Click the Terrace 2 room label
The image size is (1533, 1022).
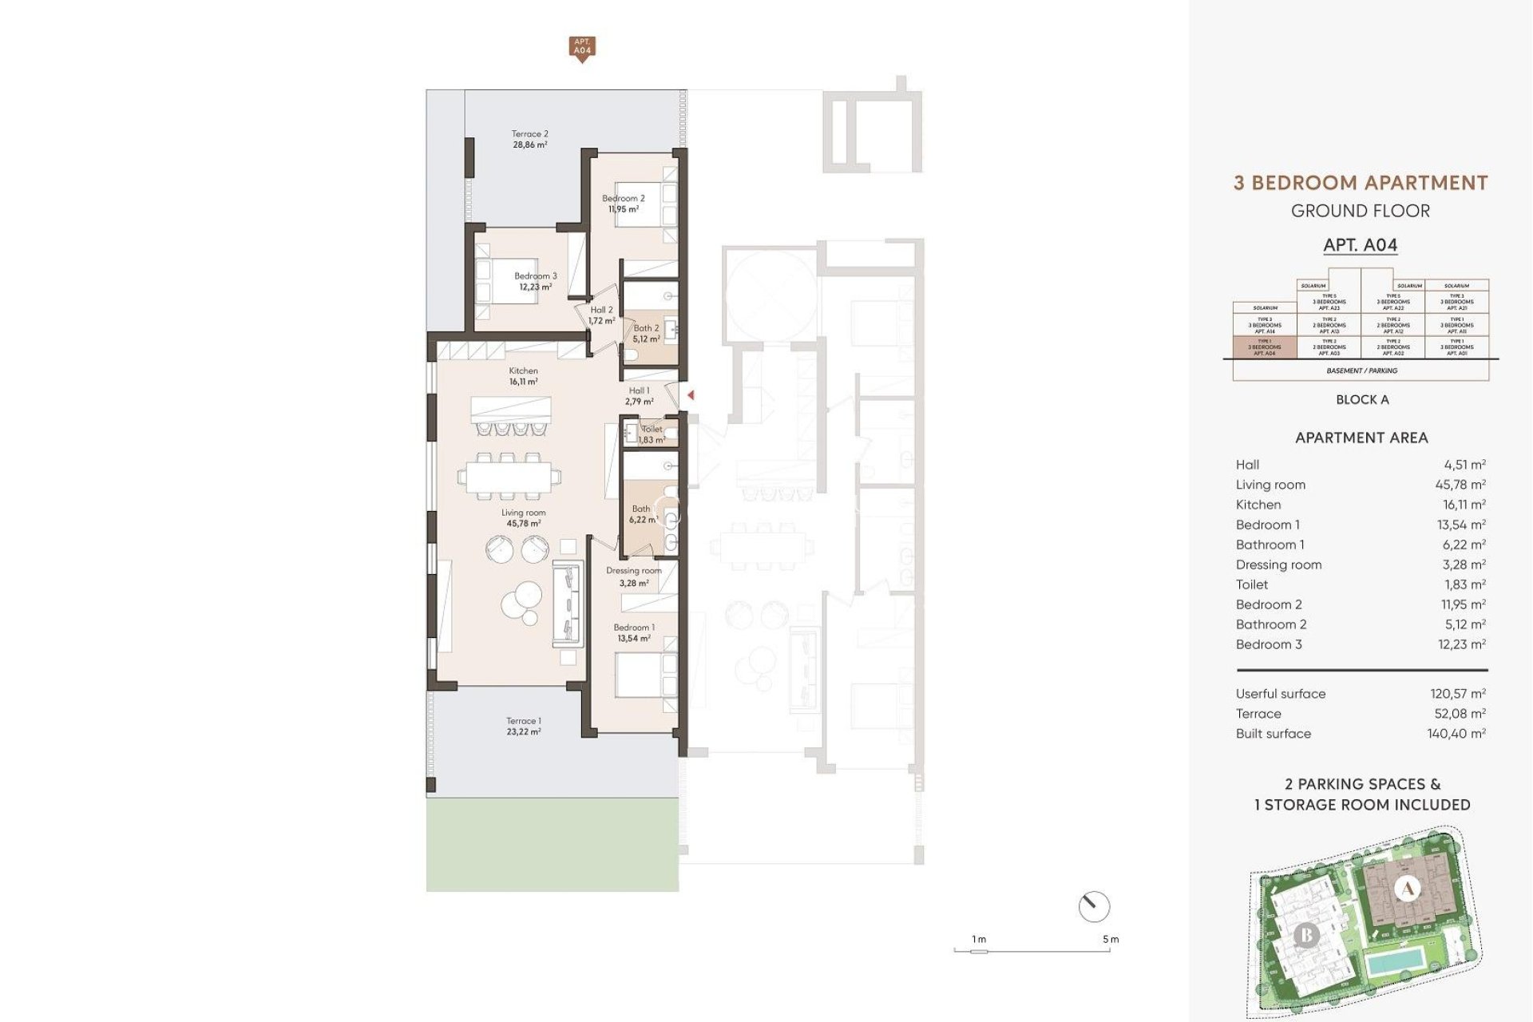click(x=529, y=140)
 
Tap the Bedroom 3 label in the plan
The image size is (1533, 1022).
click(x=535, y=281)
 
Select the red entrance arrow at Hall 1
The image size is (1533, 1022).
click(x=691, y=394)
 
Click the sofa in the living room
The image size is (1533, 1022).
click(x=566, y=604)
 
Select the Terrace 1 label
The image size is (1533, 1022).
click(x=523, y=726)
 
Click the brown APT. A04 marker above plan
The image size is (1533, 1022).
click(x=582, y=47)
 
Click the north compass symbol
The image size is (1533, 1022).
click(x=1093, y=906)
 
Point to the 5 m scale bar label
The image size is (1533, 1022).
click(x=1111, y=939)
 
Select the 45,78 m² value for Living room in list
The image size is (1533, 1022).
click(x=1460, y=485)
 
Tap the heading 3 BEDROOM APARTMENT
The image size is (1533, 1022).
click(x=1361, y=183)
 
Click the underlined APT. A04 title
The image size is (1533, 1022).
click(x=1360, y=245)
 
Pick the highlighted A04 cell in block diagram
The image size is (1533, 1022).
click(x=1265, y=347)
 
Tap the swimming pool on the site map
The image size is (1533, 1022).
click(x=1395, y=963)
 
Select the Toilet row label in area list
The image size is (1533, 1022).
click(x=1252, y=584)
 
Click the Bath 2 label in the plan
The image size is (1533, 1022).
click(x=646, y=333)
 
